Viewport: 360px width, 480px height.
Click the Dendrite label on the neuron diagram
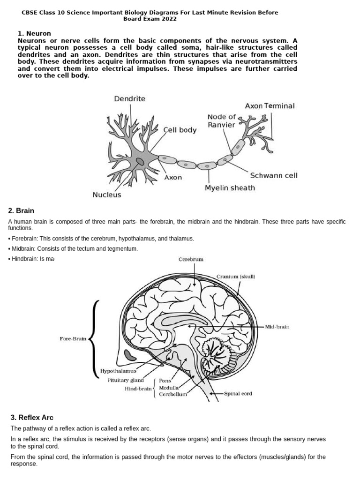click(130, 99)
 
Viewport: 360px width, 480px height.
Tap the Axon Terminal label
click(270, 106)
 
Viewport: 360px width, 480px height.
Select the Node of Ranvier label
click(222, 121)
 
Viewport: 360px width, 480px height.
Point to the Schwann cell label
click(274, 176)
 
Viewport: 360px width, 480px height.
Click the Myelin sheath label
click(230, 188)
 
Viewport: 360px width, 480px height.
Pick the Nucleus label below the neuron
click(107, 195)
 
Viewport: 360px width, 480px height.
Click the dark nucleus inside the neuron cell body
click(140, 162)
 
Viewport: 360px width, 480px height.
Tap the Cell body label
click(180, 130)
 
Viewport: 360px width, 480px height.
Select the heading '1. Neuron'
click(34, 34)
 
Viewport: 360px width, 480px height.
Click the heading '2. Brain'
click(22, 211)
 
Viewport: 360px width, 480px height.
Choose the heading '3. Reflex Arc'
click(32, 417)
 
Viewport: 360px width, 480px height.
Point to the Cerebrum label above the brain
click(191, 259)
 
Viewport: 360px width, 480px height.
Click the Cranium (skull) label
click(236, 277)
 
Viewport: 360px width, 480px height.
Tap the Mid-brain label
click(277, 327)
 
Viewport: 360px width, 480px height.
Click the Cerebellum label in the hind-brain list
click(173, 395)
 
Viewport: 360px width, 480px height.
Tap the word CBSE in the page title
click(29, 13)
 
